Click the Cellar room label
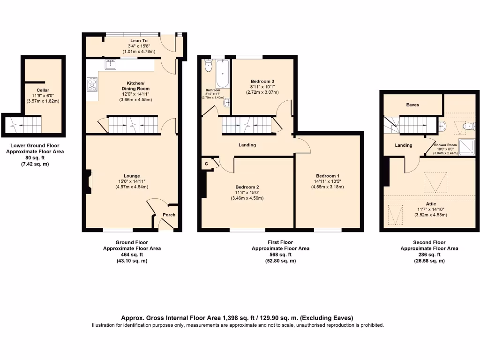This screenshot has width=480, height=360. pyautogui.click(x=43, y=90)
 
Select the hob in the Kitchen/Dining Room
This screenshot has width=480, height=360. pyautogui.click(x=92, y=84)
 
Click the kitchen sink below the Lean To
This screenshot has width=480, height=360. pyautogui.click(x=111, y=65)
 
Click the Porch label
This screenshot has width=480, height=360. pyautogui.click(x=169, y=215)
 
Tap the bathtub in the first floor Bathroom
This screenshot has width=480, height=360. pyautogui.click(x=222, y=74)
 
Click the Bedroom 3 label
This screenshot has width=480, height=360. pyautogui.click(x=262, y=81)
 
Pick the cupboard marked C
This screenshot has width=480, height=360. pyautogui.click(x=206, y=164)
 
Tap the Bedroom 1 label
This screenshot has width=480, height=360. pyautogui.click(x=327, y=176)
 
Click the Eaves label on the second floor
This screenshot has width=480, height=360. pyautogui.click(x=412, y=105)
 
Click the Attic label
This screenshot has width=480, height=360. pyautogui.click(x=431, y=204)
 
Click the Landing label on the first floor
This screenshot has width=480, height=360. pyautogui.click(x=247, y=145)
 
